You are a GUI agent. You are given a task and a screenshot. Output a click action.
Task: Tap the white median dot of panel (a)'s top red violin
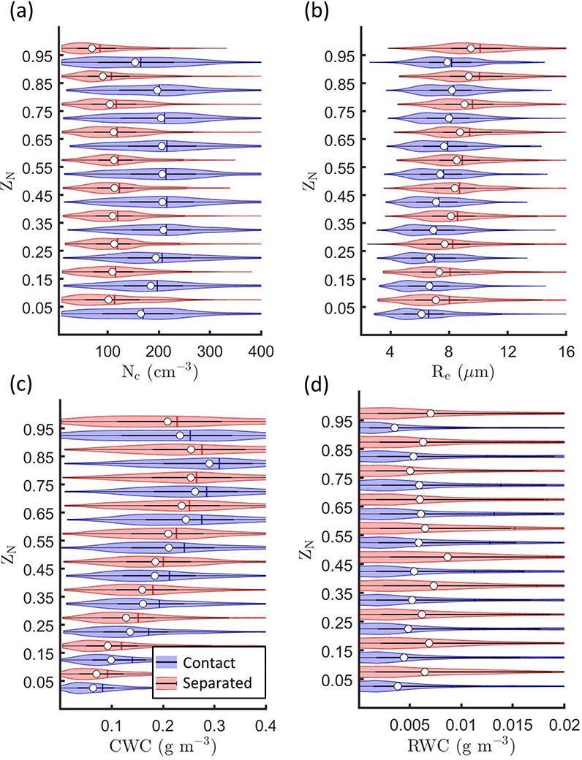(92, 48)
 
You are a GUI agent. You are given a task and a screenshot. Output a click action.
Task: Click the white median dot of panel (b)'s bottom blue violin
(421, 314)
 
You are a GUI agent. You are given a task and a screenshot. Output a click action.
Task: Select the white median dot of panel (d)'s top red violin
(431, 414)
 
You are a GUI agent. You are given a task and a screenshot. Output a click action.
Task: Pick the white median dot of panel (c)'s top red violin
(168, 422)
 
